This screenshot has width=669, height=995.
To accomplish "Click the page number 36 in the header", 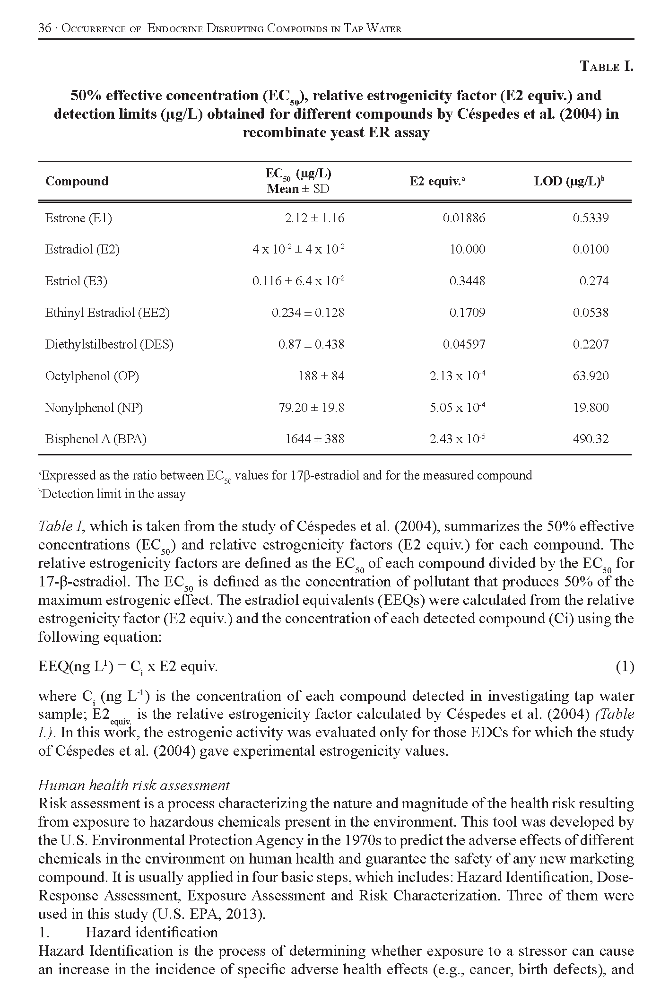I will [x=44, y=28].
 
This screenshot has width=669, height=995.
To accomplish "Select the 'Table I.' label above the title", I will [x=606, y=66].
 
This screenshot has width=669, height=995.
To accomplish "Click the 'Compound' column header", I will [x=77, y=181].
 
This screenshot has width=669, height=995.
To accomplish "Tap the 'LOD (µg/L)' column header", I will [x=569, y=182].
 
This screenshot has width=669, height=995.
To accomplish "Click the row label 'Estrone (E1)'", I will [x=78, y=218].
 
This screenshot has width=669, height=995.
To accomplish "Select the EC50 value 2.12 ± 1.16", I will [x=314, y=218].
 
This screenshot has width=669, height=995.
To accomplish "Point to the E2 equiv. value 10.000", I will [x=467, y=249].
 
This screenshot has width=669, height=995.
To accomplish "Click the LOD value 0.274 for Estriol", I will [x=594, y=281].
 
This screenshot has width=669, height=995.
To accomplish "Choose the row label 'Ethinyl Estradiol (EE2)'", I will [x=107, y=313].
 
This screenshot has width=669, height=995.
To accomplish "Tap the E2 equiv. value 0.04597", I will [x=464, y=344].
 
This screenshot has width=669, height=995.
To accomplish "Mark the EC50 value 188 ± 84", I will [x=321, y=376].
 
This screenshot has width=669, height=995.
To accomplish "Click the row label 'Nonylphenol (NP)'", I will [x=94, y=408].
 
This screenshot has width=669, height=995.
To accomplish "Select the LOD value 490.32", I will [x=591, y=439].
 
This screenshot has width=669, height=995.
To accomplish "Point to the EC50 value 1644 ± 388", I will [x=314, y=439].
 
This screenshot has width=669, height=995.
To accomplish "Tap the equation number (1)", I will [x=625, y=666].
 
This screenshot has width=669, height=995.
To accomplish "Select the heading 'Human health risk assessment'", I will [x=134, y=785].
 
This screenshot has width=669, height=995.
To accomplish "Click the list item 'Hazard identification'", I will [x=151, y=932].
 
